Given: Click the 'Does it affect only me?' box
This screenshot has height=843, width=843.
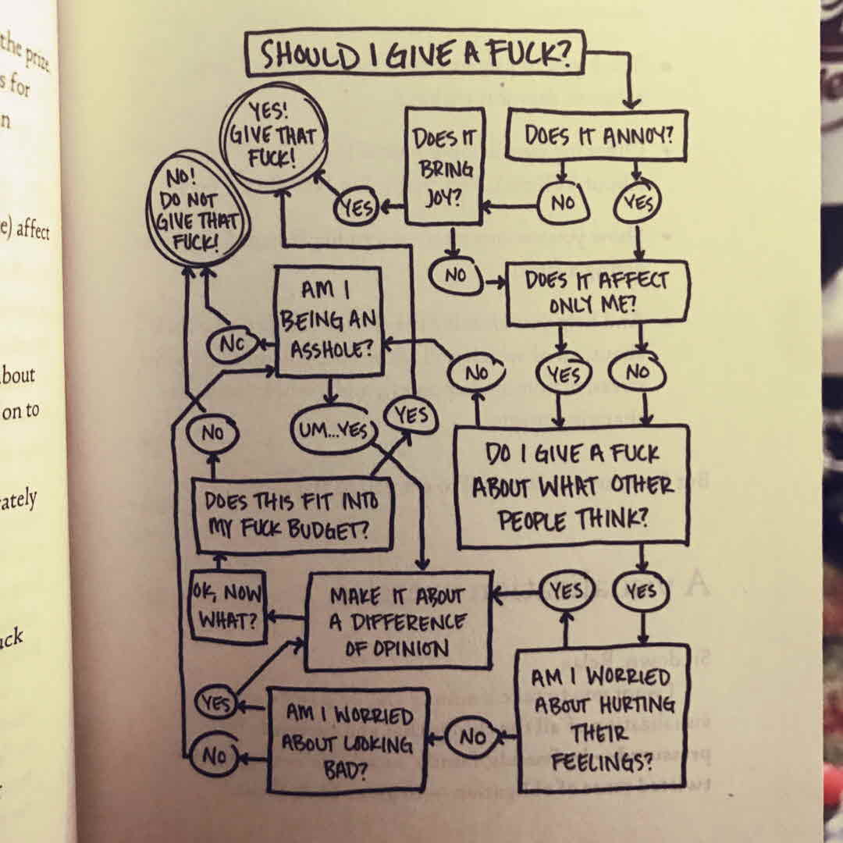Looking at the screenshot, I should click(x=598, y=293).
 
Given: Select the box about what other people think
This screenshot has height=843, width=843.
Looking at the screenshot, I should click(x=572, y=486).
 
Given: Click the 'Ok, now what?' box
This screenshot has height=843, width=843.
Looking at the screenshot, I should click(x=227, y=605).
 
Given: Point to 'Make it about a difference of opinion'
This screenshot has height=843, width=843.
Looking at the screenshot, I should click(x=398, y=621).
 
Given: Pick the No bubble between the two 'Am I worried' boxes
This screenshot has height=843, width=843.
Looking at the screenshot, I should click(x=471, y=737).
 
